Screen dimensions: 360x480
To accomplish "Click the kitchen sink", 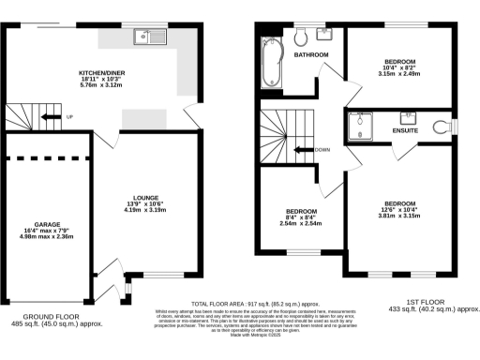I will coord(147,38).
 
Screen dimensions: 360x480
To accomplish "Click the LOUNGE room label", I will coord(145,198).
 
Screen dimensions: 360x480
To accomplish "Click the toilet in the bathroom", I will coord(300,37).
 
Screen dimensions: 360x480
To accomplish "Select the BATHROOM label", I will coord(310,55).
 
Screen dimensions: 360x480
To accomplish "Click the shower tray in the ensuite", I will coord(361,125).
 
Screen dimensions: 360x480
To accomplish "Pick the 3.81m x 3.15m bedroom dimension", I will coord(400,215).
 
